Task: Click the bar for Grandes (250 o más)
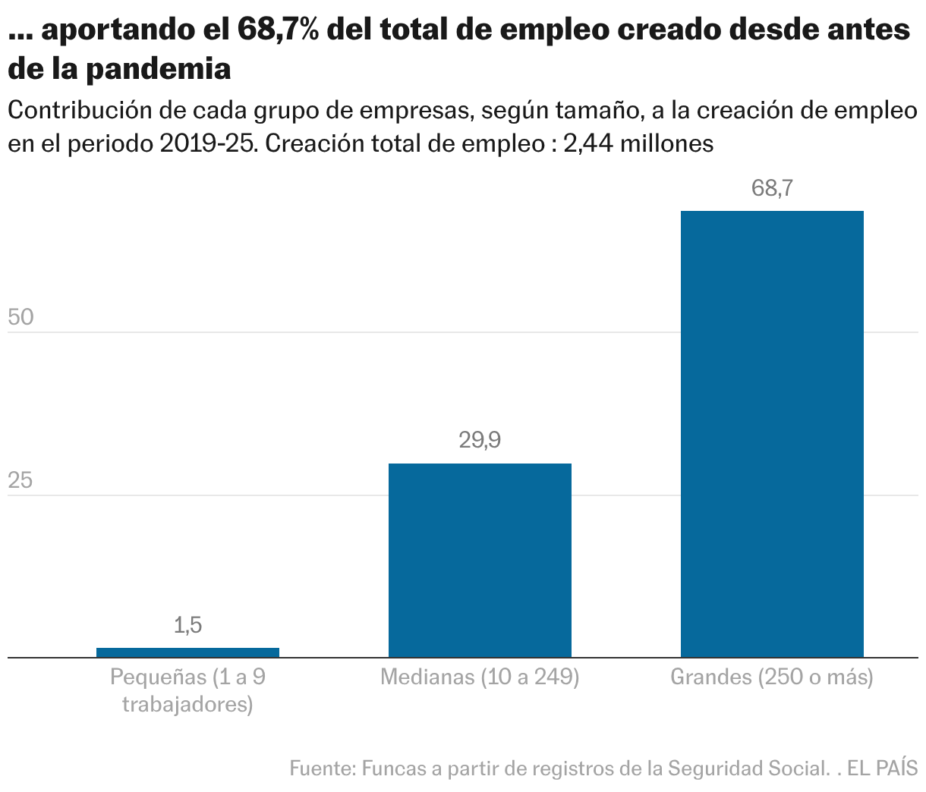pyautogui.click(x=772, y=433)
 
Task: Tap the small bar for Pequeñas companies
pyautogui.click(x=187, y=652)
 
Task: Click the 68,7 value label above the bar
pyautogui.click(x=772, y=188)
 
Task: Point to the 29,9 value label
pyautogui.click(x=480, y=440)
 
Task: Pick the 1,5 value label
pyautogui.click(x=187, y=625)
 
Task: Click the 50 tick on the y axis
pyautogui.click(x=21, y=317)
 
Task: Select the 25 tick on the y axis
pyautogui.click(x=21, y=480)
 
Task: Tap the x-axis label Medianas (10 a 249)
pyautogui.click(x=480, y=677)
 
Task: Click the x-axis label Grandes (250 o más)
pyautogui.click(x=772, y=677)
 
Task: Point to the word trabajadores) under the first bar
pyautogui.click(x=187, y=705)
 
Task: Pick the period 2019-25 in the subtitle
pyautogui.click(x=206, y=143)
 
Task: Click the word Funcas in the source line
pyautogui.click(x=394, y=768)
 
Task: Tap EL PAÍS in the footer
pyautogui.click(x=883, y=768)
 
